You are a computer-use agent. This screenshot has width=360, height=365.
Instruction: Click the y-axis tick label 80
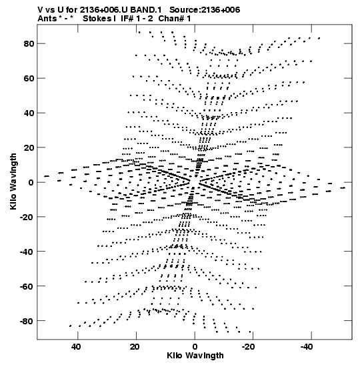tap(29, 44)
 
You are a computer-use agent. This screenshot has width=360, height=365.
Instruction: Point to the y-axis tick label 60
tap(29, 79)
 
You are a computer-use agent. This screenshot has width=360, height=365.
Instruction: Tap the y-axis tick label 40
tap(29, 113)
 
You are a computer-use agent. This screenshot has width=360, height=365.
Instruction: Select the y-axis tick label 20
tap(29, 147)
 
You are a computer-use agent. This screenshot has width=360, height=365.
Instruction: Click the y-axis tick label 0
tap(31, 182)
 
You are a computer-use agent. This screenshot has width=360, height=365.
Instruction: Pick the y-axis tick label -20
tap(27, 217)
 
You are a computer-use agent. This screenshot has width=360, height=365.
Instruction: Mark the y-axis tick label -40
tap(27, 252)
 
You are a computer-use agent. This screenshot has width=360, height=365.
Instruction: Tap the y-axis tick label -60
tap(27, 286)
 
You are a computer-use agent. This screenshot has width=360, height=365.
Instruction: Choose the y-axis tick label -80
tap(27, 321)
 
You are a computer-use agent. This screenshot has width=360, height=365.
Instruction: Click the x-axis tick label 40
tap(76, 347)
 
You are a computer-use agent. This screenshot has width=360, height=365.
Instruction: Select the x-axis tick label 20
tap(135, 347)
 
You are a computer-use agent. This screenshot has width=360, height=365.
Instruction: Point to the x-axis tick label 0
tap(195, 347)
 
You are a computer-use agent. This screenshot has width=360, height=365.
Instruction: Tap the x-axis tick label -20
tap(249, 347)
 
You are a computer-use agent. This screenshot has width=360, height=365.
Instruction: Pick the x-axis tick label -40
tap(307, 347)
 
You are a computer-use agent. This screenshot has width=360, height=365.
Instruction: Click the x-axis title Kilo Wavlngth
tap(195, 356)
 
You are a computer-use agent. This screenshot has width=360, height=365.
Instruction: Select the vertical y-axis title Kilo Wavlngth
tap(13, 181)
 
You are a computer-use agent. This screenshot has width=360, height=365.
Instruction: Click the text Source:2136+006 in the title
tap(205, 10)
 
